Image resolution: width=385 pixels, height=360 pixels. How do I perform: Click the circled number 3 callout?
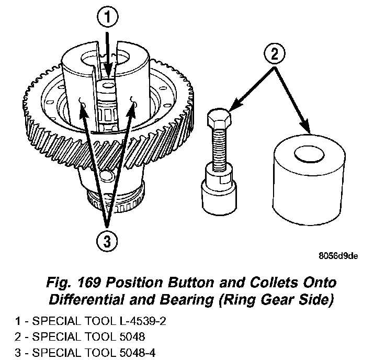(107, 242)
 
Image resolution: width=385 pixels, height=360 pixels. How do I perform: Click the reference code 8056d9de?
(339, 256)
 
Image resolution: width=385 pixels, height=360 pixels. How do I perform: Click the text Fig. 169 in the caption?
(70, 283)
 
